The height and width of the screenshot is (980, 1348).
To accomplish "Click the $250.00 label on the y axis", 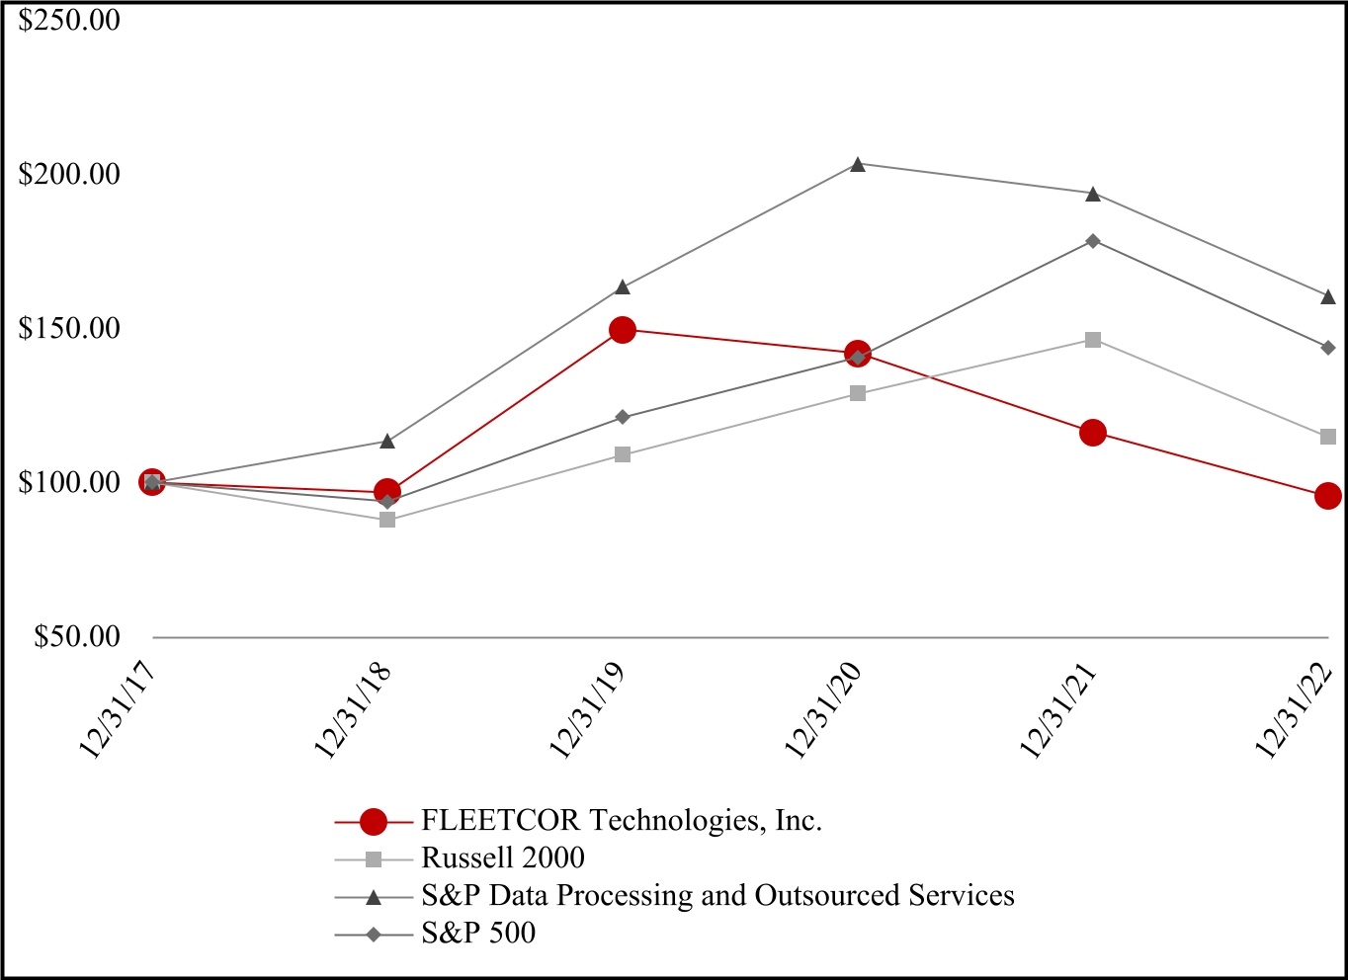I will [x=69, y=20].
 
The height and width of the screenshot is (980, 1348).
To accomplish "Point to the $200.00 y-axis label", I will [x=69, y=175].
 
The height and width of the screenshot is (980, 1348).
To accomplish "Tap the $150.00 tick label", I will [x=69, y=329].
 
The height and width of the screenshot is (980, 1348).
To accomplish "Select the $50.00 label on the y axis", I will [x=77, y=637].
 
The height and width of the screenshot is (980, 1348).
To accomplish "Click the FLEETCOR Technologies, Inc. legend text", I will [x=622, y=821].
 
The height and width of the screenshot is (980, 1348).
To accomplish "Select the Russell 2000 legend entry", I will [x=503, y=857].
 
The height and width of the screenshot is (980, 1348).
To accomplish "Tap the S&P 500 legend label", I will [x=478, y=933].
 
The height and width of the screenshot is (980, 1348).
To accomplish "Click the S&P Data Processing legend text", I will [x=717, y=895].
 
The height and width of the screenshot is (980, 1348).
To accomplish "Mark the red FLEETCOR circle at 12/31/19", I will [x=623, y=330].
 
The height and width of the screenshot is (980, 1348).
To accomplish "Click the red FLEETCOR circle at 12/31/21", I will [x=1093, y=433].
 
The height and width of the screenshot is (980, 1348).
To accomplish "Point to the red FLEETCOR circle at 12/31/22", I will [x=1328, y=496].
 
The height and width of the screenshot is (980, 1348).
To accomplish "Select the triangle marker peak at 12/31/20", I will [x=858, y=164].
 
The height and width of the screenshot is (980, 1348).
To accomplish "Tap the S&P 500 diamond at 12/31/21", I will [x=1093, y=241].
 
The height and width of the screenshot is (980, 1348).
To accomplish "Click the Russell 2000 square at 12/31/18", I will [x=387, y=520].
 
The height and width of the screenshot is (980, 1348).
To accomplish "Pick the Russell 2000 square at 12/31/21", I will [x=1093, y=340].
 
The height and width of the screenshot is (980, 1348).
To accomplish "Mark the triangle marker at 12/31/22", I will [x=1328, y=296].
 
